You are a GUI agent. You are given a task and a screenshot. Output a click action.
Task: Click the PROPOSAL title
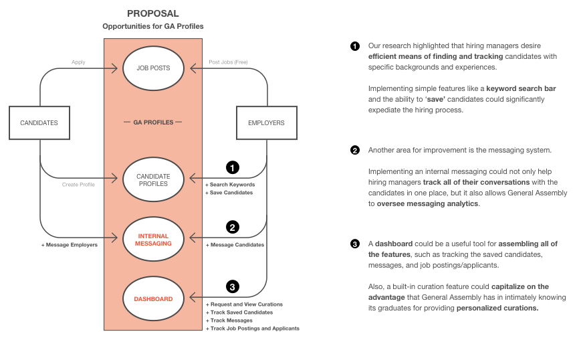152,13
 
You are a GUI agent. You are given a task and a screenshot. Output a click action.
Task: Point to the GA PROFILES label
153,122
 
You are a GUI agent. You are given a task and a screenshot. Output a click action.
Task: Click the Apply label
78,62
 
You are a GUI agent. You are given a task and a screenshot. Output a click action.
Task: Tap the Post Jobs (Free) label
228,62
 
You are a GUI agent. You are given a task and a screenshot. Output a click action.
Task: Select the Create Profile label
78,185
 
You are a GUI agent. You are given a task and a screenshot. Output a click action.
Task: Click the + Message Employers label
70,245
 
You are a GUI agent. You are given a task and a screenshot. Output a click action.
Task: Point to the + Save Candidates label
229,193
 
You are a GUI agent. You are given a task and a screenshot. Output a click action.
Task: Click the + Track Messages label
229,321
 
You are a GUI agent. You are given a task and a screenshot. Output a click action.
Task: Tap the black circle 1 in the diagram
233,168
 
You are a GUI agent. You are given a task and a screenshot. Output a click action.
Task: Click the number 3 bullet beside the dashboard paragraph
355,244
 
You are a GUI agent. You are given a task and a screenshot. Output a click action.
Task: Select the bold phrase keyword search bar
521,88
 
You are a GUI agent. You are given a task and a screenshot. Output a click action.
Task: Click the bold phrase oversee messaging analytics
428,203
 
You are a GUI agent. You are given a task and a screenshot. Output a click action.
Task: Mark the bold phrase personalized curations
497,308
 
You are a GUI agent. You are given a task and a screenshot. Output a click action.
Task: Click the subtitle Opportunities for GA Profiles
152,26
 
